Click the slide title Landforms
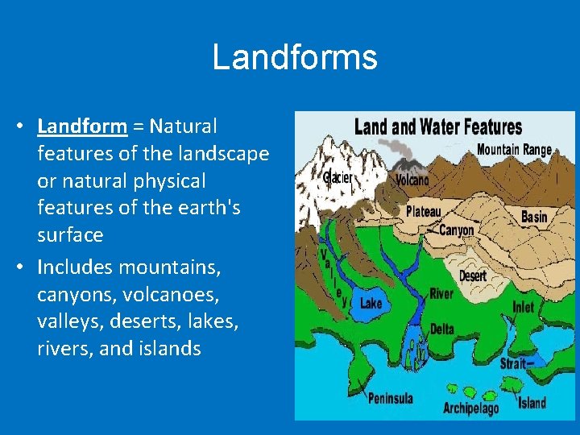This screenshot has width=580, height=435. [294, 58]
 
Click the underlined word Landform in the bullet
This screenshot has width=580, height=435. [82, 126]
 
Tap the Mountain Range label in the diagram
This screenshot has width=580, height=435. [514, 149]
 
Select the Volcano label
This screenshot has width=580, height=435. [412, 180]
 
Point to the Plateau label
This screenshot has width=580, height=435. [424, 212]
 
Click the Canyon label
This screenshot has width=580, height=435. [457, 230]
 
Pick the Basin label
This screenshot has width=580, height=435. [534, 217]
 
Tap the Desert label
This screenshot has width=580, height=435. [472, 275]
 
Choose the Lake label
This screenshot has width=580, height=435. [371, 303]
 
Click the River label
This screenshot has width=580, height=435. [441, 295]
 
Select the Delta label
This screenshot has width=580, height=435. [441, 329]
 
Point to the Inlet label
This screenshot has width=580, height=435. [523, 307]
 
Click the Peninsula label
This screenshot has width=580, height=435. [391, 398]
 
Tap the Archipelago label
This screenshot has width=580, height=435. [471, 408]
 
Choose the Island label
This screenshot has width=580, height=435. [532, 403]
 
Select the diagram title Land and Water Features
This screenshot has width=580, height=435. [438, 127]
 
